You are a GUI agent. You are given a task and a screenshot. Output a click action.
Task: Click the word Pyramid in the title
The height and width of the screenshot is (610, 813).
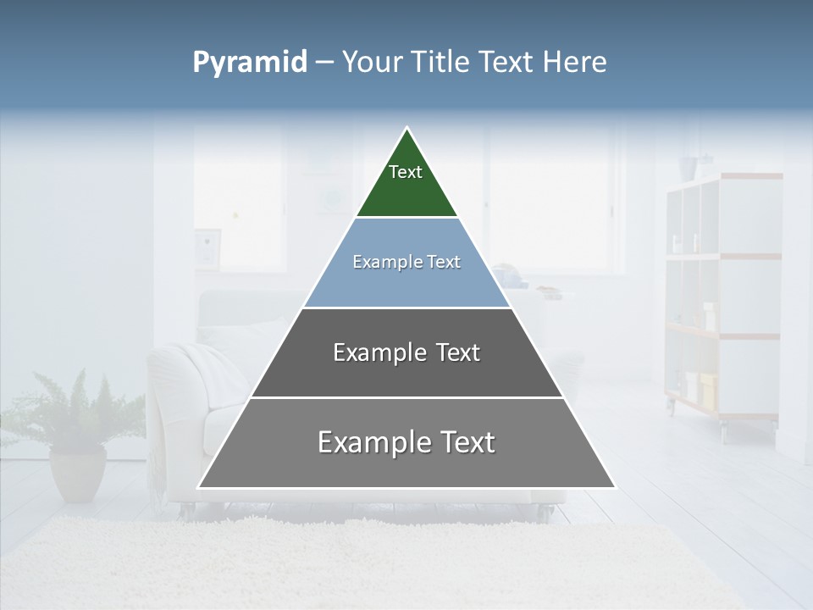(x=250, y=63)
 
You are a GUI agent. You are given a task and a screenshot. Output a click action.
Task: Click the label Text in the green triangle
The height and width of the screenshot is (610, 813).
(x=406, y=172)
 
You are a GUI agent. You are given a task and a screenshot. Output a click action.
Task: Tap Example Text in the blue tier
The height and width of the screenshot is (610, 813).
(x=406, y=262)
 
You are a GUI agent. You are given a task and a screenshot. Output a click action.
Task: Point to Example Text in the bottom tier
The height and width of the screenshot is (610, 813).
(x=406, y=442)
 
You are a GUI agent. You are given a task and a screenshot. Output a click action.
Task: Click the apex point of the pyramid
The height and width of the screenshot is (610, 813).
(x=406, y=129)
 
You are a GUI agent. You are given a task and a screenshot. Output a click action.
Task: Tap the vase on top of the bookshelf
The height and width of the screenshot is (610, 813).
(x=705, y=164)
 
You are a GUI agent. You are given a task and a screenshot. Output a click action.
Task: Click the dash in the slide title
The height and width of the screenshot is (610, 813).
(x=324, y=63)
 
